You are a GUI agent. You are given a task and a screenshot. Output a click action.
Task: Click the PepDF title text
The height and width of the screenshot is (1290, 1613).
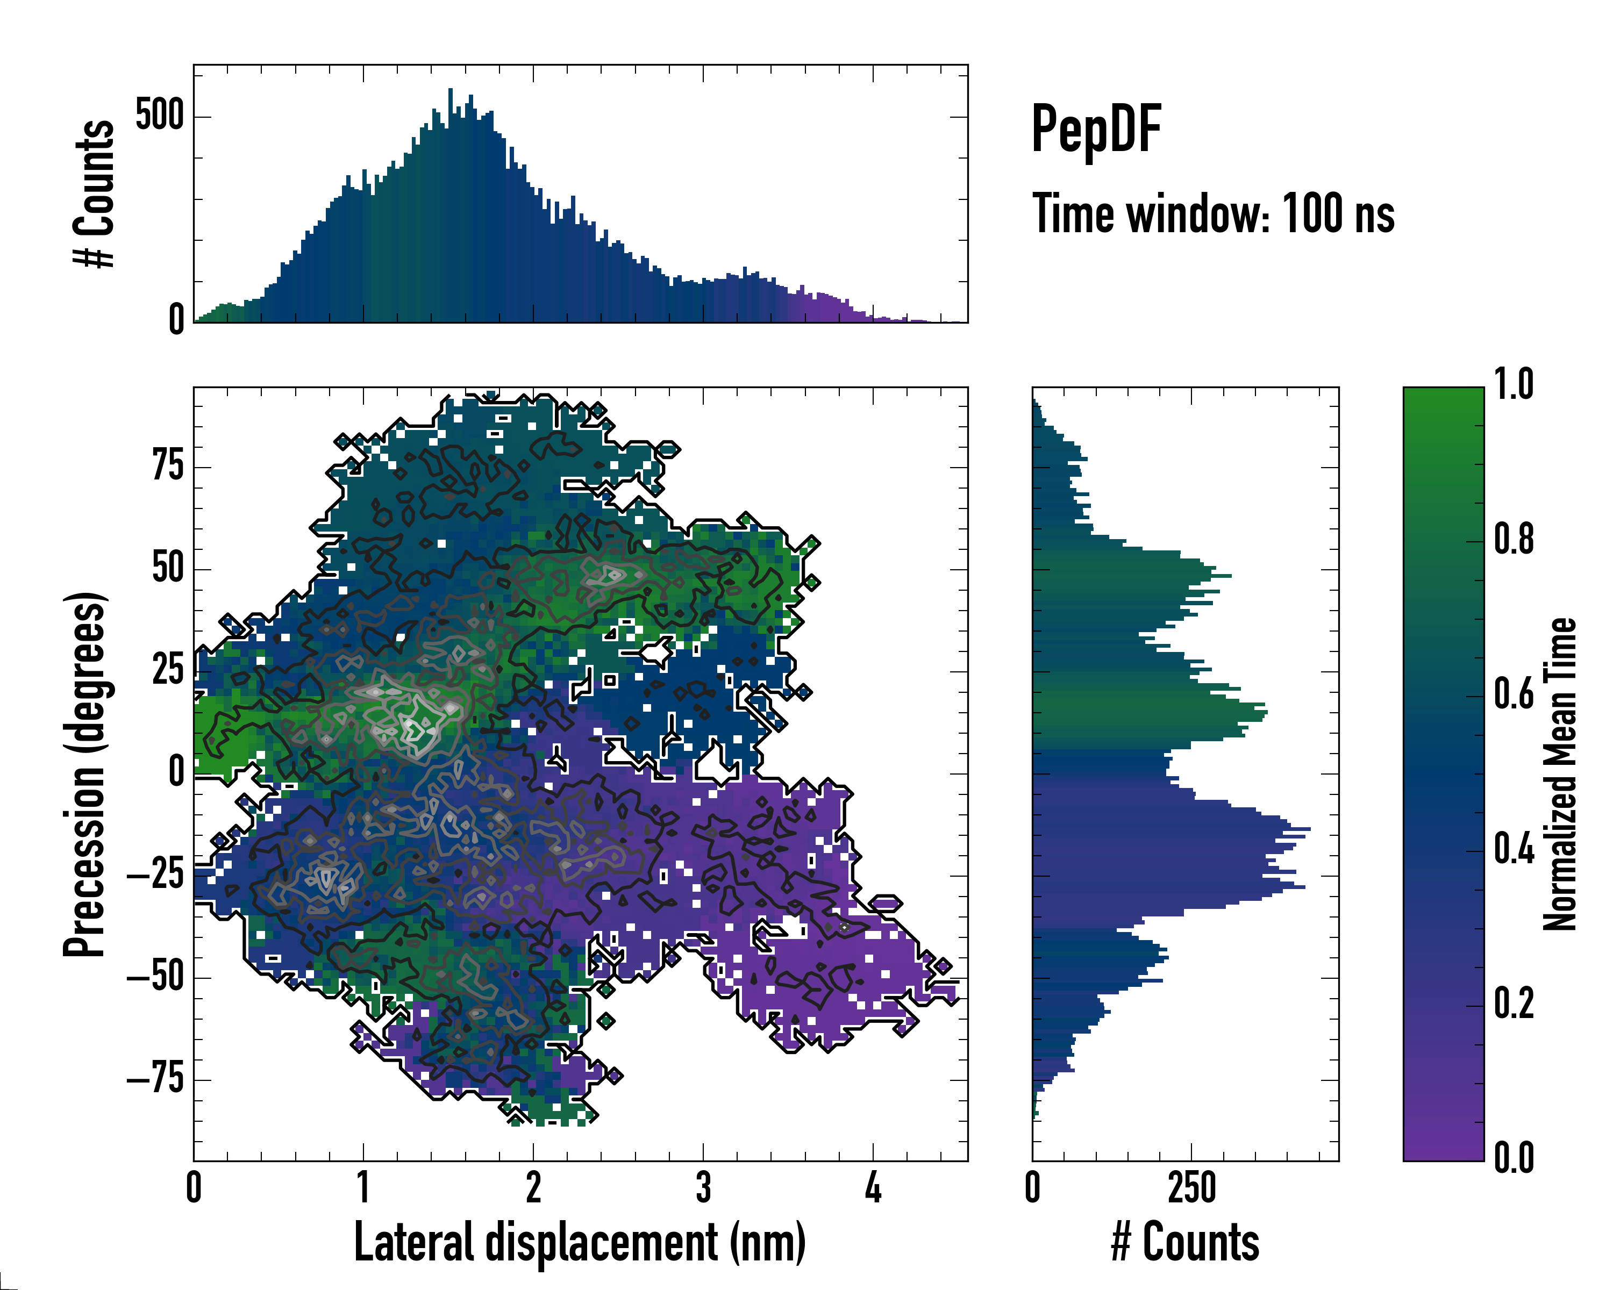1096,128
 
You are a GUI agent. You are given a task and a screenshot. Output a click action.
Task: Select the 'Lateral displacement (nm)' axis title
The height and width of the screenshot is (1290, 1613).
580,1243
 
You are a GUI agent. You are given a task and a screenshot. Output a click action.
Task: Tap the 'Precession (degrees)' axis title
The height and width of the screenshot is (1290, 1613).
84,774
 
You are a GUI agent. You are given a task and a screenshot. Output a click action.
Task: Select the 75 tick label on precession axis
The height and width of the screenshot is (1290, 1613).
168,466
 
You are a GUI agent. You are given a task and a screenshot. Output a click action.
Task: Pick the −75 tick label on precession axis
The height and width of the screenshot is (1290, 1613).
155,1079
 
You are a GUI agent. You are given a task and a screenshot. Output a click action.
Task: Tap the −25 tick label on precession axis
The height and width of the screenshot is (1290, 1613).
155,875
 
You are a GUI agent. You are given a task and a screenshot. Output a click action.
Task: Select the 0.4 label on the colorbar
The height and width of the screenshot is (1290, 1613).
1514,850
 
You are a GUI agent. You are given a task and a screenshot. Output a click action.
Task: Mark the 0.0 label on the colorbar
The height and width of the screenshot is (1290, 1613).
1514,1158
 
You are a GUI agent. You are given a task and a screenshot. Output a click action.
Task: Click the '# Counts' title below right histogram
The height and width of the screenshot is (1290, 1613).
1185,1243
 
